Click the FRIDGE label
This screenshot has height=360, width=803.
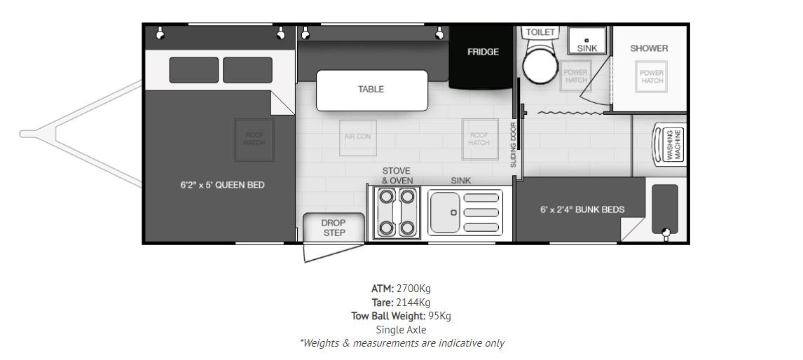(x=483, y=52)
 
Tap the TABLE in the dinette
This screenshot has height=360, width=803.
(x=372, y=90)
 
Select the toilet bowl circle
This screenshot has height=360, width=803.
(x=540, y=67)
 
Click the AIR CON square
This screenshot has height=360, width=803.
(x=358, y=137)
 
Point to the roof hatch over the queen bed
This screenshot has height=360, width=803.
(x=254, y=139)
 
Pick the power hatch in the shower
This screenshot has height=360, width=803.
(x=652, y=77)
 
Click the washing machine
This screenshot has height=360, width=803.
(x=669, y=146)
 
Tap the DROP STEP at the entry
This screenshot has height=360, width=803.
(x=334, y=228)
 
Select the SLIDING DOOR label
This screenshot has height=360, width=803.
(x=513, y=145)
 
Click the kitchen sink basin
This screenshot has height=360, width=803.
(x=445, y=212)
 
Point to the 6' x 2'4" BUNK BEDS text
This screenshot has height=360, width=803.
(x=582, y=209)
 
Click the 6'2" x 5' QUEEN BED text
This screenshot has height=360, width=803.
(x=222, y=185)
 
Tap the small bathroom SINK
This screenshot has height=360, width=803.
(x=587, y=40)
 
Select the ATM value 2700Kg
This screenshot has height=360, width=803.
(x=413, y=289)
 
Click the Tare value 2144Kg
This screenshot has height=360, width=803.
(x=413, y=302)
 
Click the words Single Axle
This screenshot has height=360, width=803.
(x=401, y=330)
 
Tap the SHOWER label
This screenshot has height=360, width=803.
(x=649, y=48)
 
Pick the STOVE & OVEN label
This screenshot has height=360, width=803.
(x=397, y=176)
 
